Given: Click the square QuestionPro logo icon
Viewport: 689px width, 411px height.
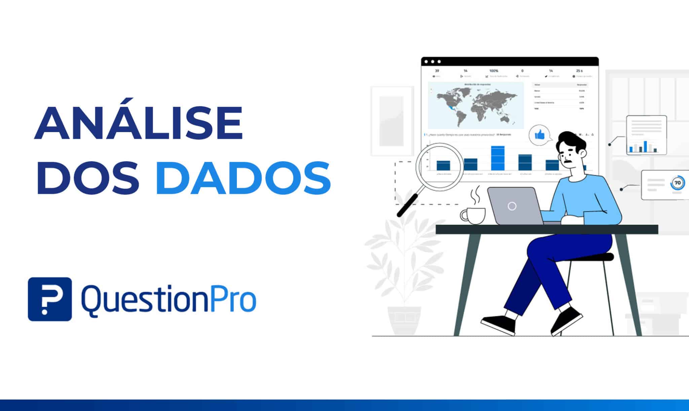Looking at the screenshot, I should (50, 299).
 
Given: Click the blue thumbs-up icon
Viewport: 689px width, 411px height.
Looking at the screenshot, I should (540, 135).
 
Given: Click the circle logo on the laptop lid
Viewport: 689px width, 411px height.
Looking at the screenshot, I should (512, 206).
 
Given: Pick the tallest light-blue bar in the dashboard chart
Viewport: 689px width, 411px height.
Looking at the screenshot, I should (498, 158).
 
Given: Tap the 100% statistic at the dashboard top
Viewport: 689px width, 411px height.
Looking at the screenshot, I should (494, 71).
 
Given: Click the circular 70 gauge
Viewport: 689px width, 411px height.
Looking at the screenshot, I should (677, 183).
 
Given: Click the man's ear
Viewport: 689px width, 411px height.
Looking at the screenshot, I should (583, 153).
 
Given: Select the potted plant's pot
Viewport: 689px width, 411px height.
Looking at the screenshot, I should (404, 319).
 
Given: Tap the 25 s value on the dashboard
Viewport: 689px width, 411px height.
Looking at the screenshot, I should (579, 71).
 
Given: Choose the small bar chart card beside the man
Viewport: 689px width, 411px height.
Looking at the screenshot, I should (646, 135).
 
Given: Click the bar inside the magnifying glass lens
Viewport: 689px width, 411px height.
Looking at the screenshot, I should (443, 165).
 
